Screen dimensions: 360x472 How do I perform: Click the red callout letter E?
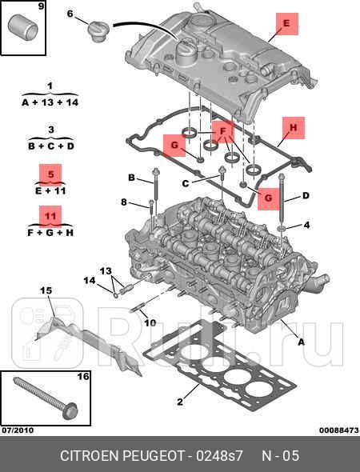coord(286,23)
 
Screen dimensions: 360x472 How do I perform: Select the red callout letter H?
coord(293,128)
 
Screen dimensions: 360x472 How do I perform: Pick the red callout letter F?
coord(223,131)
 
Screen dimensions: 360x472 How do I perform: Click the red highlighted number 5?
coord(50,174)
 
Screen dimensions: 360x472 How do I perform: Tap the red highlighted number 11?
coord(50,216)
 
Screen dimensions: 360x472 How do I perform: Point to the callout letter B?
coord(131,178)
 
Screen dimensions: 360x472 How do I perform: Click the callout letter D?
coord(306,196)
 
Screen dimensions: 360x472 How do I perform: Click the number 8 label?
coord(124,202)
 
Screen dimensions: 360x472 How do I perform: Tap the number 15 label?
coord(46,290)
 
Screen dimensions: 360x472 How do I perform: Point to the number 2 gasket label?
coord(180,402)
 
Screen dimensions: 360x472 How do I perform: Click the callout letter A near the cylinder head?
coord(301,342)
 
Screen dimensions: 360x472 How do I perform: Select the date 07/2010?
coord(18,430)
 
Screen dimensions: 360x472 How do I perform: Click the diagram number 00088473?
coord(339,430)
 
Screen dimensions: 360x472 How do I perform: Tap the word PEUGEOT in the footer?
coord(154,455)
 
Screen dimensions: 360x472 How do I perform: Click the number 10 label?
coord(150,323)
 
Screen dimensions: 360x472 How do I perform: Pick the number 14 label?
coord(90,281)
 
